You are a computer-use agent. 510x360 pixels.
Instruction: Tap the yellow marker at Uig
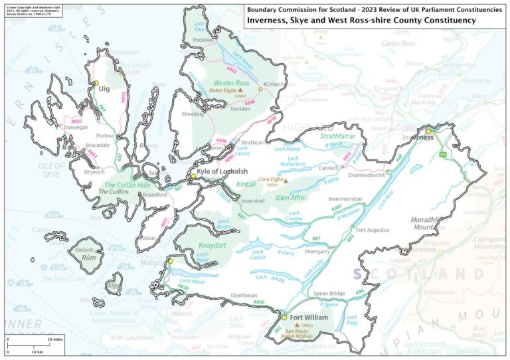coord(96,82)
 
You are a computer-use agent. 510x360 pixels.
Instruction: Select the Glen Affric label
coord(291,198)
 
